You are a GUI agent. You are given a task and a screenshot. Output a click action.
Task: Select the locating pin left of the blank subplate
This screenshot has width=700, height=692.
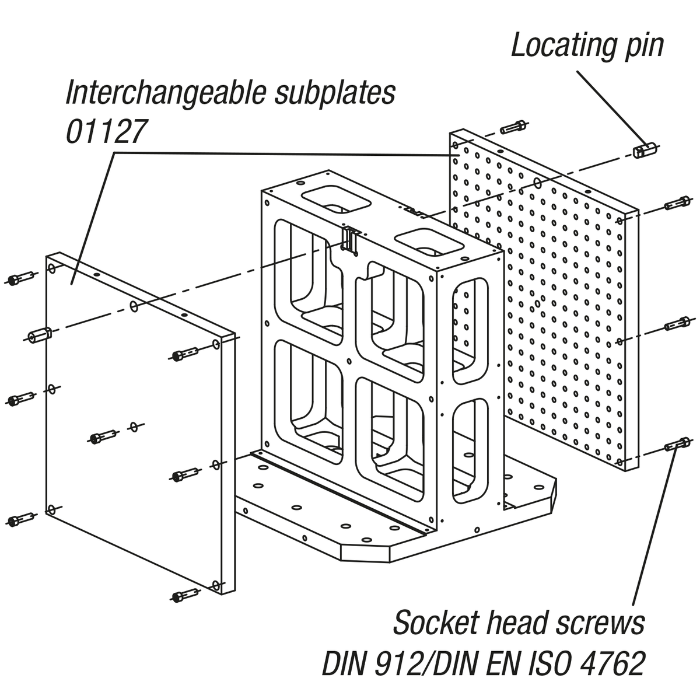[x=40, y=335]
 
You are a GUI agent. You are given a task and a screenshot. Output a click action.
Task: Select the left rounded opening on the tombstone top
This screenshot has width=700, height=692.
[x=337, y=199]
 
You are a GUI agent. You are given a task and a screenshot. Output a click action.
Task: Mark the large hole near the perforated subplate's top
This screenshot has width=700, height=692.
[x=537, y=183]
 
